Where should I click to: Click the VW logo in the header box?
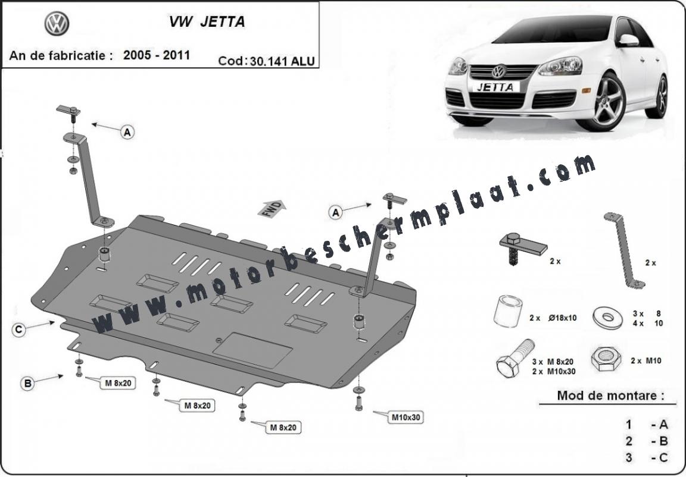pyautogui.click(x=57, y=24)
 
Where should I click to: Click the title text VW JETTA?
pyautogui.click(x=207, y=22)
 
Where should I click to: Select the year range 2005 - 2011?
pyautogui.click(x=157, y=55)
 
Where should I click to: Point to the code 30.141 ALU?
pyautogui.click(x=283, y=61)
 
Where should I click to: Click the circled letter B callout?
pyautogui.click(x=27, y=384)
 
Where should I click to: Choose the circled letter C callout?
pyautogui.click(x=18, y=329)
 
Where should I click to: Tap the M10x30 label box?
pyautogui.click(x=406, y=417)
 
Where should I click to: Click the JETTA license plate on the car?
pyautogui.click(x=495, y=87)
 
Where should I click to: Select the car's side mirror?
pyautogui.click(x=628, y=40)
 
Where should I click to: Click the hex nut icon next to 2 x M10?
pyautogui.click(x=607, y=359)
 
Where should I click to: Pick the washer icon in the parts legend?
pyautogui.click(x=608, y=318)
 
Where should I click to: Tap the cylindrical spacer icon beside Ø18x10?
pyautogui.click(x=507, y=311)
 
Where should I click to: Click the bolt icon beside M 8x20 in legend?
pyautogui.click(x=515, y=357)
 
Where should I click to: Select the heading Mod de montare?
pyautogui.click(x=610, y=396)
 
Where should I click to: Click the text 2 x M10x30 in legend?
pyautogui.click(x=554, y=371)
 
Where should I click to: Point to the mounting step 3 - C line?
pyautogui.click(x=647, y=457)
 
